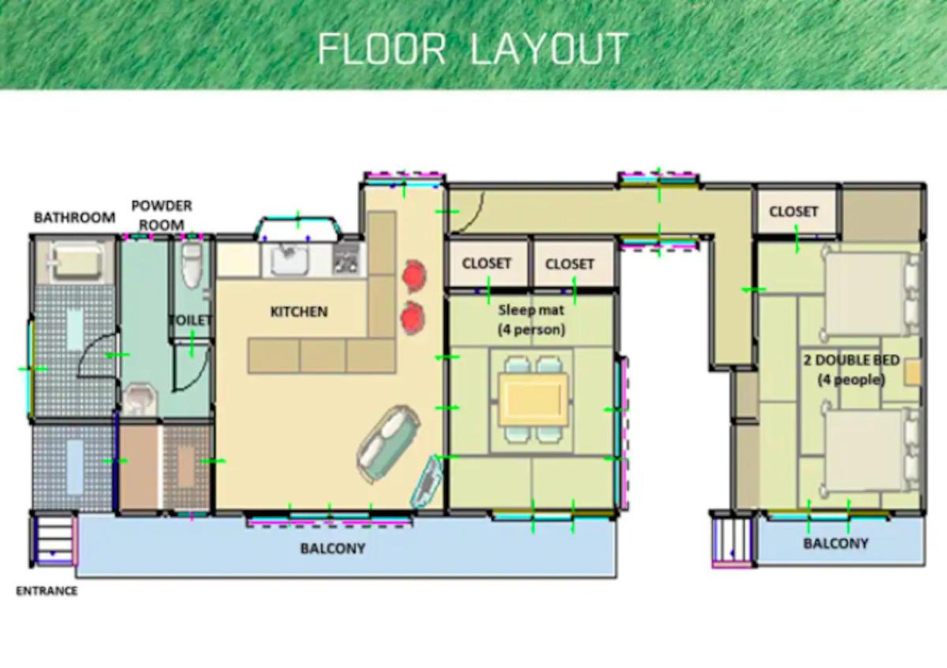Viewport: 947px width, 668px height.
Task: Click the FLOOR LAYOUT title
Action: pos(473,49)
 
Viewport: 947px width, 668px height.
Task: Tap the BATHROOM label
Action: pos(74,217)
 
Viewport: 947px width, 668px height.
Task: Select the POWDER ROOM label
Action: pos(162,216)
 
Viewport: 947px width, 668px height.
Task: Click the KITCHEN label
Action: pos(299,312)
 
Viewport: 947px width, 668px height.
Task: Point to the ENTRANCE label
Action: pos(47,591)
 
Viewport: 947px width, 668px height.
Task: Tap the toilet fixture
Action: pos(192,265)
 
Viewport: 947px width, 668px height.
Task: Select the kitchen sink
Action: pos(290,259)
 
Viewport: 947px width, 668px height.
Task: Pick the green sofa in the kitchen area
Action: pos(388,444)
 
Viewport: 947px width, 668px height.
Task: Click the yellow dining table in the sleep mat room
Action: pos(533,399)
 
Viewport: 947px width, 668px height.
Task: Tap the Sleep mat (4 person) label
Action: pos(531,320)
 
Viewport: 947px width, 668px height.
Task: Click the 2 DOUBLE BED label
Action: pos(852,360)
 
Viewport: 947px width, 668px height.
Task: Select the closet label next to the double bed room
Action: pos(794,212)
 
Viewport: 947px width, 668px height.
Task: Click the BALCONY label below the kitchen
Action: pos(333,548)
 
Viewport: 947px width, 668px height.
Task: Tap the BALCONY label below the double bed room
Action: pos(836,543)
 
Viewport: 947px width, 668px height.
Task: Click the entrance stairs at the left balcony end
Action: pos(54,539)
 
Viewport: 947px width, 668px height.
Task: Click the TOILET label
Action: pos(190,321)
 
